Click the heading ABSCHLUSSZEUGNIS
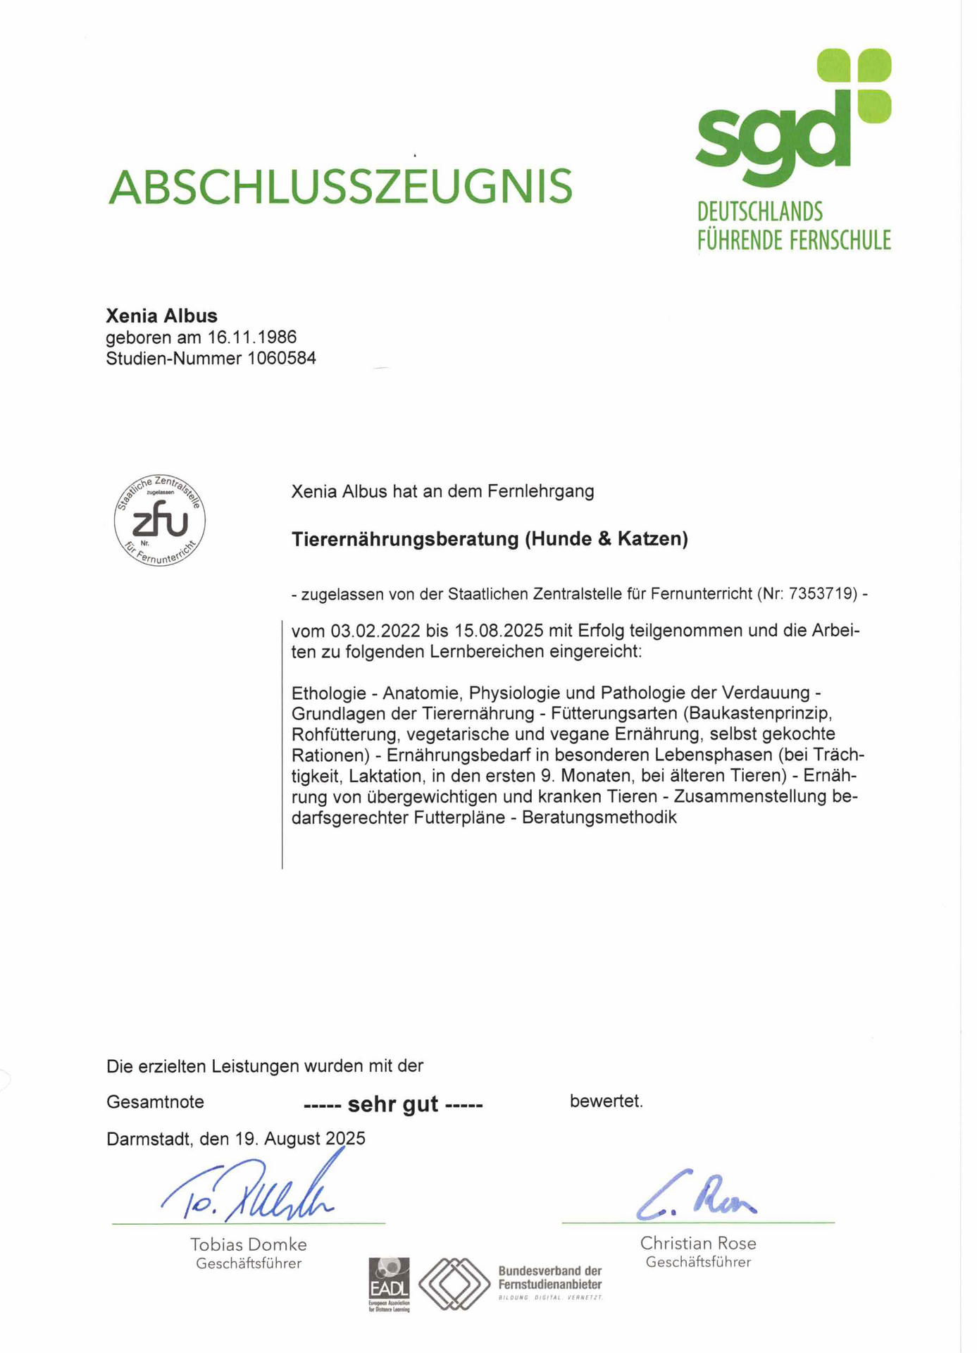(x=340, y=187)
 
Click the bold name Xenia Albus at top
(x=161, y=316)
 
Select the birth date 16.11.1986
(x=252, y=337)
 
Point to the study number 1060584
(x=281, y=359)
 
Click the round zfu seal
(x=160, y=520)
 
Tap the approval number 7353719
(x=823, y=594)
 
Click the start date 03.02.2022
(x=375, y=630)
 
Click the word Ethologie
(x=328, y=693)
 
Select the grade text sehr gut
(x=393, y=1104)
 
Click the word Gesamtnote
(x=155, y=1101)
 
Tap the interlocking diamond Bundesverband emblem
(x=454, y=1283)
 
